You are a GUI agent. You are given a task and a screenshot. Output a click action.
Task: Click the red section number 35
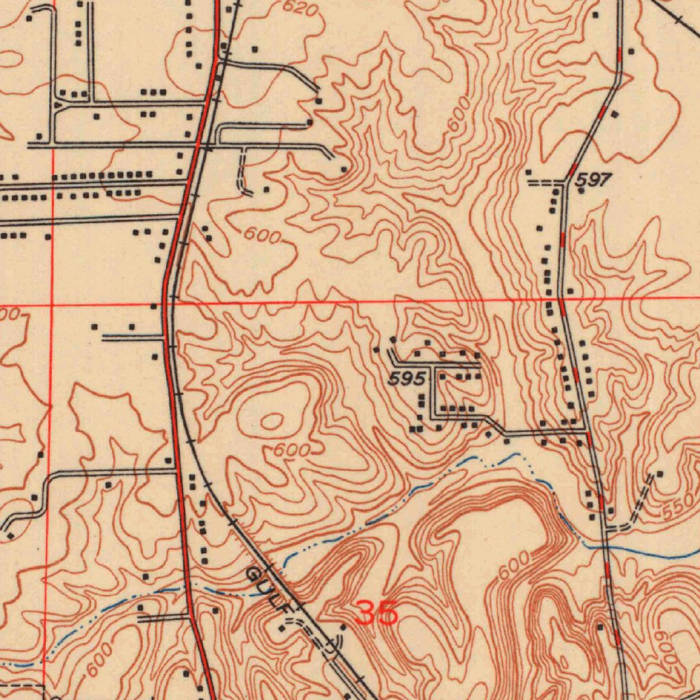[377, 613]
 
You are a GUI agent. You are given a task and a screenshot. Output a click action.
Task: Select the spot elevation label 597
[592, 180]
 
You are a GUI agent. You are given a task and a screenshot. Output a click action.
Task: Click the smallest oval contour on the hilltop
[272, 421]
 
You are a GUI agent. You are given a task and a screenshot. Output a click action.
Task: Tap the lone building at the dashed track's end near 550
[660, 473]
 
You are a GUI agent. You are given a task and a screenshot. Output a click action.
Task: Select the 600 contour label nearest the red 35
[513, 566]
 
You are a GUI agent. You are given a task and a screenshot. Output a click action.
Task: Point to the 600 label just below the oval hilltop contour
[292, 450]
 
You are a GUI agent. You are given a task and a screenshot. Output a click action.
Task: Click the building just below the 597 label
[581, 191]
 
